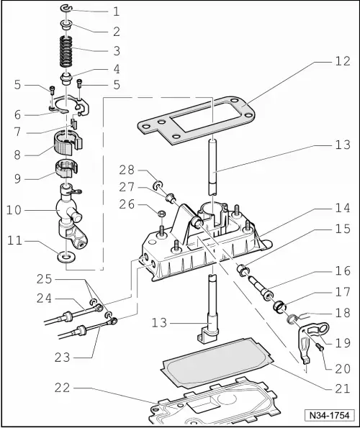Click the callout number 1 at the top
pos(117,12)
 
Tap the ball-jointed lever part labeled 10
pos(68,216)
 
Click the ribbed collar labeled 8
pos(66,142)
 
